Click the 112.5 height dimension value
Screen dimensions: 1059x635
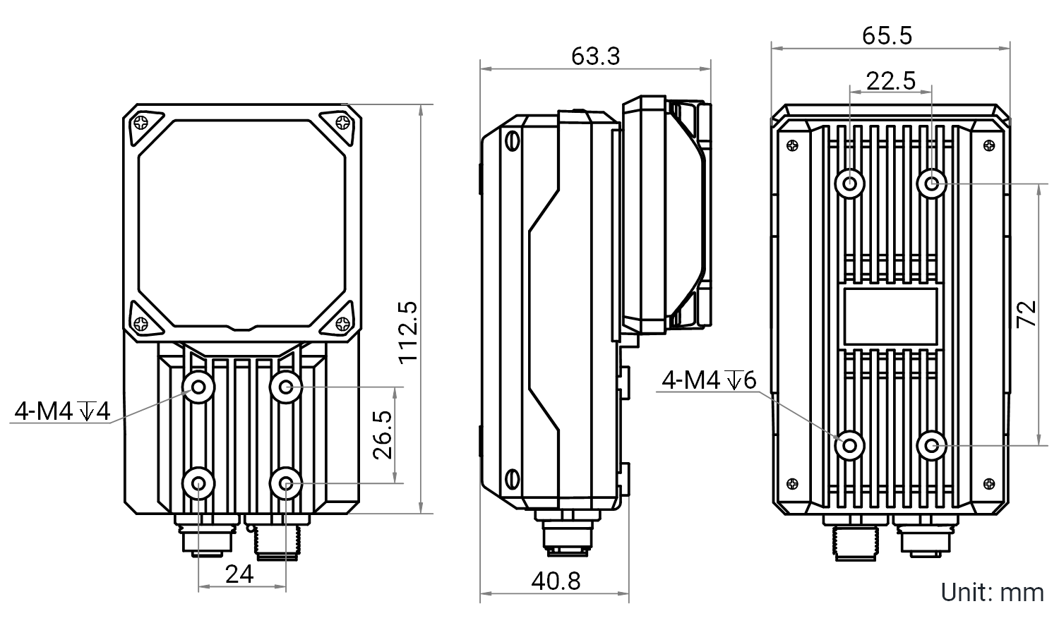(408, 332)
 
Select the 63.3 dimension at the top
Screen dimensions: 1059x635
(595, 56)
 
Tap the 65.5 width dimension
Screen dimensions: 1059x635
(887, 36)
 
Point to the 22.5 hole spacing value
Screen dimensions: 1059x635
(891, 81)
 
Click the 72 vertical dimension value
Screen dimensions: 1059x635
(1027, 314)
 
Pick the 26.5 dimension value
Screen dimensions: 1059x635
(383, 435)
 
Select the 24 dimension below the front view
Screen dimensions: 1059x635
(239, 574)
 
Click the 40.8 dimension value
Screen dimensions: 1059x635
(556, 581)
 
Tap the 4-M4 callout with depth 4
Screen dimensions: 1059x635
(62, 411)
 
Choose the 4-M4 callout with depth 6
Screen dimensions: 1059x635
(709, 380)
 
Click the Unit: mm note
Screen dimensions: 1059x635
(992, 593)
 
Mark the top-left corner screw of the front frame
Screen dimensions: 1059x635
(141, 123)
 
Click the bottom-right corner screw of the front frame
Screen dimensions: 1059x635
(342, 324)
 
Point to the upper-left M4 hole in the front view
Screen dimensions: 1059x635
(198, 387)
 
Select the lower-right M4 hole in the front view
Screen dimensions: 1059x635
(285, 483)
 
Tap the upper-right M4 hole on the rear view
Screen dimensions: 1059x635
(931, 183)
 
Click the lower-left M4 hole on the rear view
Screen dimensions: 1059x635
(849, 445)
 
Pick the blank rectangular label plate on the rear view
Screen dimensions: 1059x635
(890, 317)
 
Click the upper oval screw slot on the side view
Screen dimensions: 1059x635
(512, 140)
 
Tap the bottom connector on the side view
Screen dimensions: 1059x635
(567, 533)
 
